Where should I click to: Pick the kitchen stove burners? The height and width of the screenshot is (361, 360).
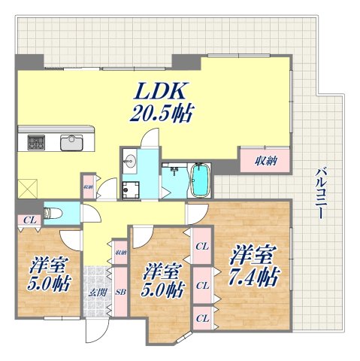tap(37, 141)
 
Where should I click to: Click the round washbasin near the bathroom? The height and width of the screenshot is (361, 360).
tap(129, 159)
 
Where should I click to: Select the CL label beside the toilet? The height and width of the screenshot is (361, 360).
tap(27, 220)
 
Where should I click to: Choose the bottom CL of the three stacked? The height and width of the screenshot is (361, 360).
tap(201, 317)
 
